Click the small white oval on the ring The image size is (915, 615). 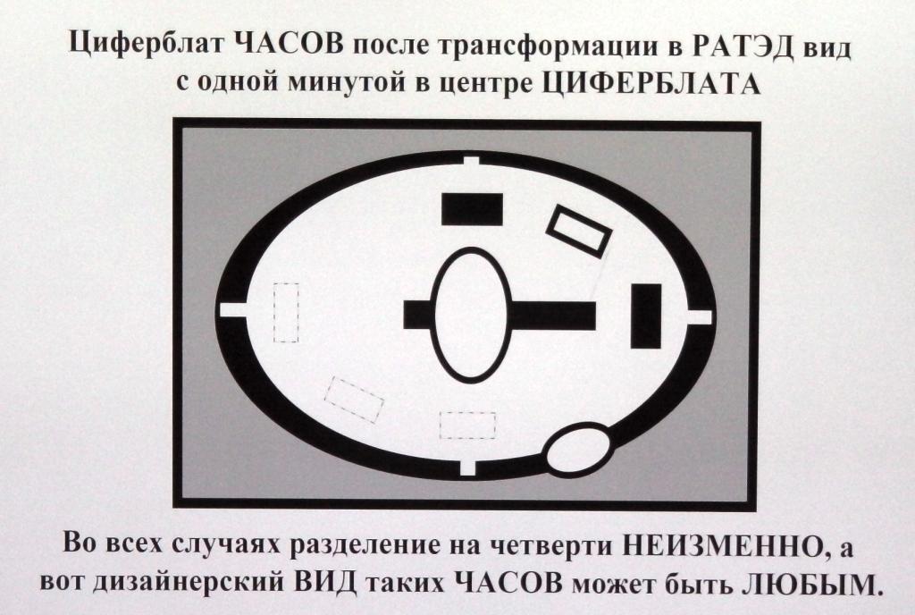(579, 449)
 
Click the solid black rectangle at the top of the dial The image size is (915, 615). (472, 208)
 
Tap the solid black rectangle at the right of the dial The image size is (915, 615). (645, 316)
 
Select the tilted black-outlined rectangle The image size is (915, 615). (578, 232)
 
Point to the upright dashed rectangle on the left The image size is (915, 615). (285, 312)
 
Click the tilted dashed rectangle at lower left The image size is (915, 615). (354, 400)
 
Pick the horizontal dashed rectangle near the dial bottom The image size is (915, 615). (467, 425)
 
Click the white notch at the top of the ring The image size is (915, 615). (472, 164)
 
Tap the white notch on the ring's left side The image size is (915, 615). (233, 310)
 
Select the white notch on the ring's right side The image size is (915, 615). (700, 316)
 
